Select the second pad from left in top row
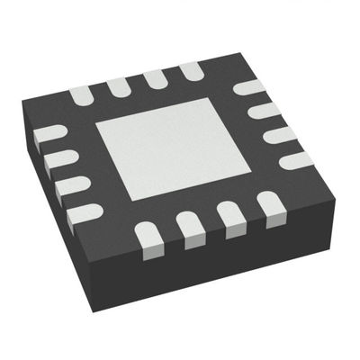[119, 85]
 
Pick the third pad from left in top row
[156, 78]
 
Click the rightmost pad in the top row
[192, 71]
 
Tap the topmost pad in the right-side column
[247, 89]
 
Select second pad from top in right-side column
[263, 112]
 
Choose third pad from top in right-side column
[280, 135]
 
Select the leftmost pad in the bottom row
[148, 235]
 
